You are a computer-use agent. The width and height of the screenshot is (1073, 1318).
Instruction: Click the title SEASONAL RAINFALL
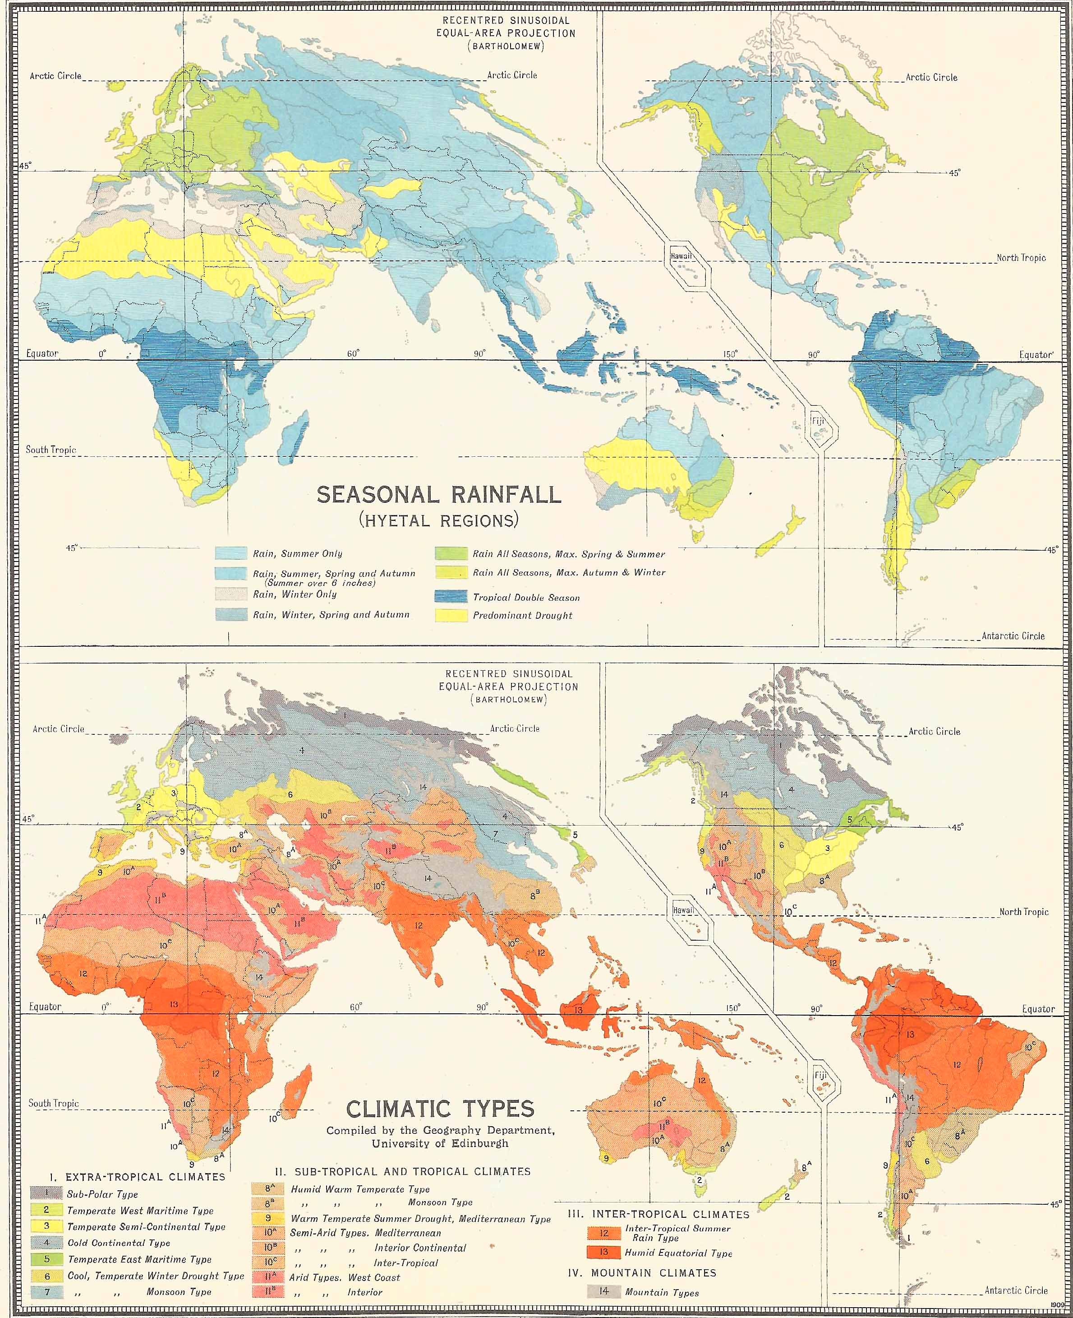tap(439, 494)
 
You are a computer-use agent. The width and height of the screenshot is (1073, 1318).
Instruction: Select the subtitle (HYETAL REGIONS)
tap(438, 520)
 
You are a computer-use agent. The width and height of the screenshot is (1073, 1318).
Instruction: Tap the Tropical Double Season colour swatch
tap(451, 597)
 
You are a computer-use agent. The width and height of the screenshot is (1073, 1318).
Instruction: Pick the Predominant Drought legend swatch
tap(451, 615)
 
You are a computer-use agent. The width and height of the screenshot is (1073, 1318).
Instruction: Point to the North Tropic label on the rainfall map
tap(1021, 257)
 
